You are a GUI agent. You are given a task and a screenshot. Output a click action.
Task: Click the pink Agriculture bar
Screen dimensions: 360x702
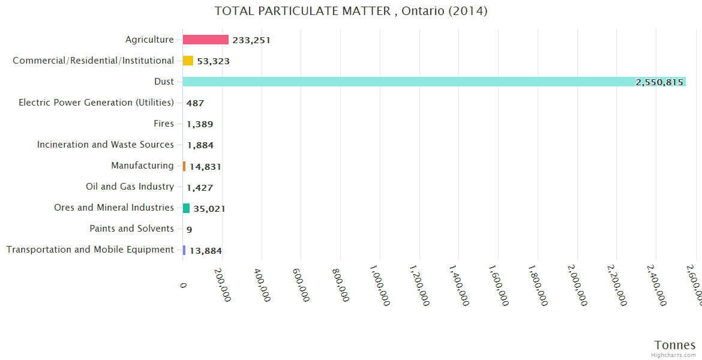tap(205, 40)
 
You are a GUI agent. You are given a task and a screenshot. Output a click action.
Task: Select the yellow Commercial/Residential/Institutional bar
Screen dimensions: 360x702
tap(188, 61)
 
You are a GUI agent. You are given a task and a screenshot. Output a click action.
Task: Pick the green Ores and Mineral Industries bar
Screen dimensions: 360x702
tap(186, 208)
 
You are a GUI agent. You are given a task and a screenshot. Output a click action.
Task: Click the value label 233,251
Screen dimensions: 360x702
tap(251, 40)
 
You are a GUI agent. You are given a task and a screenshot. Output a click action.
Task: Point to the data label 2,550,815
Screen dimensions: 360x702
tap(659, 82)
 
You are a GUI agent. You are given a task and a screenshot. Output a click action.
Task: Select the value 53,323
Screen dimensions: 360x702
tap(213, 61)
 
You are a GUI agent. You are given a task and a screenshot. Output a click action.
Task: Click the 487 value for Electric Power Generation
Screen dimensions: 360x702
tap(195, 103)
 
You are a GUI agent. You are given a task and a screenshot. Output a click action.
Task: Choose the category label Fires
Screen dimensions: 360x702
tap(164, 124)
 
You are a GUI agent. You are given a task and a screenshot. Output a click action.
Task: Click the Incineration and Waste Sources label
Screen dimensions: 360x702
tap(106, 145)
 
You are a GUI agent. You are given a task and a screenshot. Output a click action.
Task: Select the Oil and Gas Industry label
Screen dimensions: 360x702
tap(130, 187)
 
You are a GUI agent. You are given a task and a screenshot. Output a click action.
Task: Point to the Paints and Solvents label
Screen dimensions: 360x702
tap(131, 229)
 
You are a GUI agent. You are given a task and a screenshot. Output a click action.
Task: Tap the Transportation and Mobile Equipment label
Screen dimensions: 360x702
tap(90, 250)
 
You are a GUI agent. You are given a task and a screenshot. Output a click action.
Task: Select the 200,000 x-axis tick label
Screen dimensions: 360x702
tap(223, 284)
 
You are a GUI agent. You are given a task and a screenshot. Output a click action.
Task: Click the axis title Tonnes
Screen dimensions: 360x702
tap(674, 345)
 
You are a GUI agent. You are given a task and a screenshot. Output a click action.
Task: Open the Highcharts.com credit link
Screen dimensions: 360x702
tap(674, 355)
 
